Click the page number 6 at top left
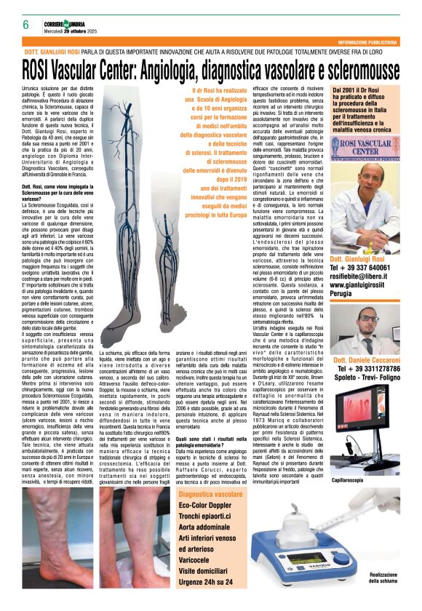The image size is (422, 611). (x=25, y=24)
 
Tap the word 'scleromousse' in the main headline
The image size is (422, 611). (x=351, y=71)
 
